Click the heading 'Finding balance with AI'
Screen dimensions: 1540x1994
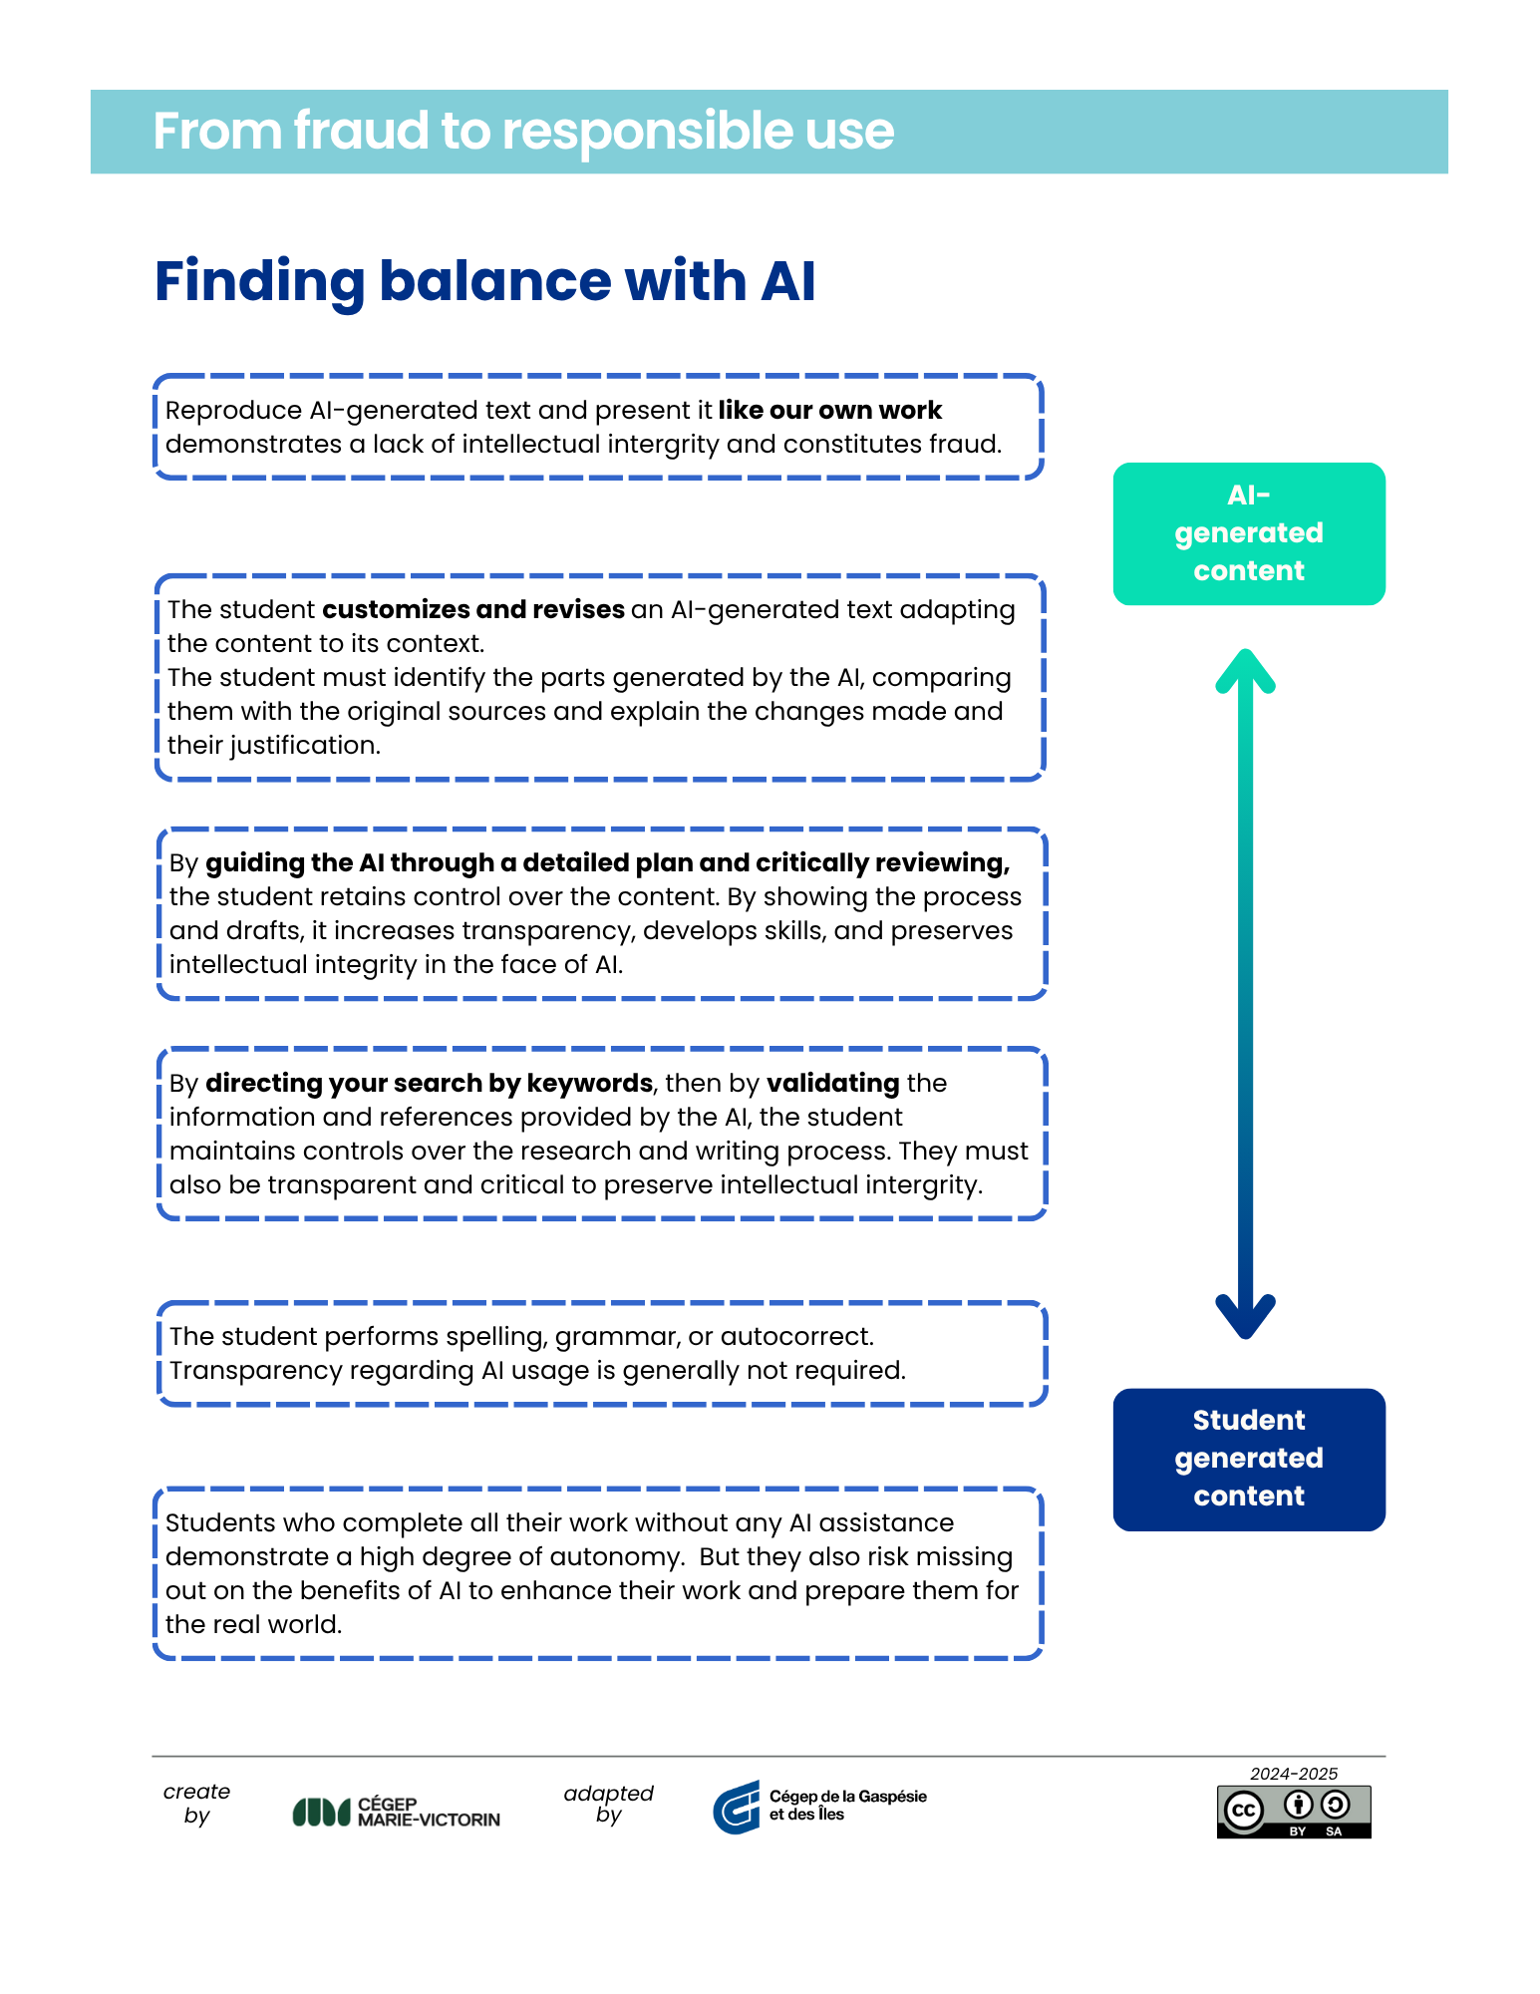pos(485,282)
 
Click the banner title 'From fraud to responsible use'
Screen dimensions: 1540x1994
pos(523,132)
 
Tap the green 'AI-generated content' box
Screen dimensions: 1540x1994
pos(1249,533)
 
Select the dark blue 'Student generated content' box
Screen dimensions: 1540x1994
pos(1249,1460)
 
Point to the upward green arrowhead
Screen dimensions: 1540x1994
pos(1245,669)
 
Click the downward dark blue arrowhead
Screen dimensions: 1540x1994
pos(1245,1317)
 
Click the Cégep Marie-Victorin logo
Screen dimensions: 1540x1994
pos(396,1812)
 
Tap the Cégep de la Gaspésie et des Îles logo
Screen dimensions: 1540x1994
pos(819,1807)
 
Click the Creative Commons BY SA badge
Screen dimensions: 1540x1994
pos(1294,1812)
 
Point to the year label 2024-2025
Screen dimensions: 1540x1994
pos(1294,1774)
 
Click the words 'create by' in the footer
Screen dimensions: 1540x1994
pos(196,1804)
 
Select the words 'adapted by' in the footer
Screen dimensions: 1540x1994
pos(608,1804)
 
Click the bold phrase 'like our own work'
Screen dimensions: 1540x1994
pos(829,411)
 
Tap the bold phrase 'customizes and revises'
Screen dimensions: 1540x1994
pos(473,610)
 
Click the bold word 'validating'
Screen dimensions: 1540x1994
pos(833,1084)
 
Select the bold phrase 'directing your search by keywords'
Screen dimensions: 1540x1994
pos(430,1084)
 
